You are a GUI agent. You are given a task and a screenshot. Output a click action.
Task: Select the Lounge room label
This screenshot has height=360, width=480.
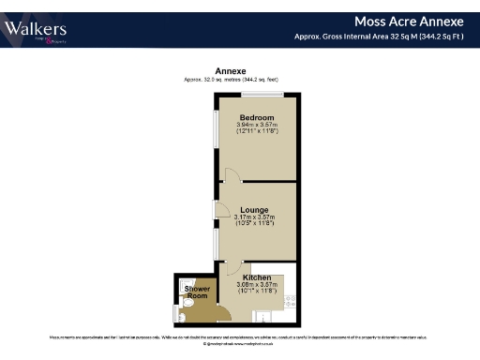[x=254, y=209]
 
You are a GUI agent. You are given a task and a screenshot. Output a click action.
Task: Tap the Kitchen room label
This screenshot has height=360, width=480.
[x=256, y=278]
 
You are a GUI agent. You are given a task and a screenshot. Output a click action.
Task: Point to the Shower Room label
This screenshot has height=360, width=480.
[x=197, y=292]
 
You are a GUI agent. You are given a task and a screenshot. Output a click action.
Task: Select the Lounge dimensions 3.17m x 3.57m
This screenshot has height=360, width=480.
[x=254, y=217]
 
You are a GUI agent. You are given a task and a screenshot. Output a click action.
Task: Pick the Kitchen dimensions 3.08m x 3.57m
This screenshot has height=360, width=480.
[x=256, y=286]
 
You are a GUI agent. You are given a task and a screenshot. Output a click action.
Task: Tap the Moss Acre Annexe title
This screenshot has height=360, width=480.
[x=409, y=21]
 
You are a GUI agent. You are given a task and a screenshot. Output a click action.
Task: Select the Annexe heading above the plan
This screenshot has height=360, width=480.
[x=231, y=71]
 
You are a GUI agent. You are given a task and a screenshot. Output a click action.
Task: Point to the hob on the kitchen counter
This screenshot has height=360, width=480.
[x=291, y=302]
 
